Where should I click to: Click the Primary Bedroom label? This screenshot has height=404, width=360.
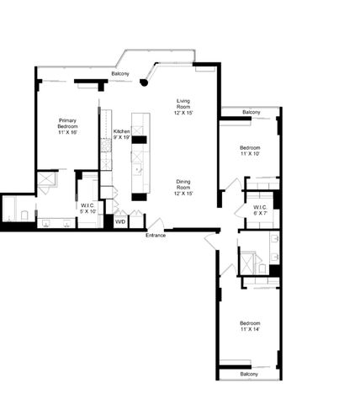point(68,126)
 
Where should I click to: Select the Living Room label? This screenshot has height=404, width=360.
point(183,107)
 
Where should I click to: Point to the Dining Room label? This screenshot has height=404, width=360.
point(183,187)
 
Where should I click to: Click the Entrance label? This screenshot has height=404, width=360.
point(155,235)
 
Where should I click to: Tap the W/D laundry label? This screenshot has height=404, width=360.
point(120,221)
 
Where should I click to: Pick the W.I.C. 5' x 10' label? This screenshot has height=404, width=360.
point(88,208)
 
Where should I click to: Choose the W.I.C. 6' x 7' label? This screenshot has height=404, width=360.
point(259,210)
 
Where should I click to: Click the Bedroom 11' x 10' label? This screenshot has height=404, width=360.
point(251,151)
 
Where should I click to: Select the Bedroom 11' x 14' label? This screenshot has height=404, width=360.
point(249,327)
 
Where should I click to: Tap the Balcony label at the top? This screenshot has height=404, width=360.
point(120,74)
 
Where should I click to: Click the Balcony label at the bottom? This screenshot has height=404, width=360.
point(249,374)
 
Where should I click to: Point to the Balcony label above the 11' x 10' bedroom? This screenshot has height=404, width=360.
point(251,112)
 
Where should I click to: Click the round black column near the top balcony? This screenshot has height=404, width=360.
point(145,82)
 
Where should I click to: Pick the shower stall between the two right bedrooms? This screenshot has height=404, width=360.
point(249,261)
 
